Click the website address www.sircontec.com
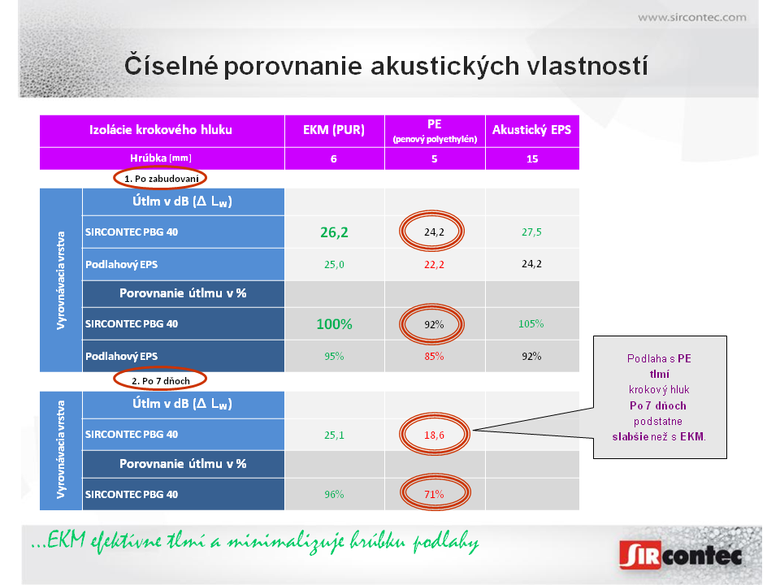coord(692,17)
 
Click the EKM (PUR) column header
coord(334,130)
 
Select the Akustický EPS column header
coord(531,130)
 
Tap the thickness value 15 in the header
coord(532,158)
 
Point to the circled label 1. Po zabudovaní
coord(161,179)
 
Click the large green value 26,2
coord(334,232)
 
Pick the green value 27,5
coord(531,232)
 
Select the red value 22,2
coord(434,265)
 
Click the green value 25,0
coord(334,265)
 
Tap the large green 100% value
coord(334,324)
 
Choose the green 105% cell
coord(531,324)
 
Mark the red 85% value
coord(434,356)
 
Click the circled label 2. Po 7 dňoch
coord(161,381)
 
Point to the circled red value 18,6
coord(434,435)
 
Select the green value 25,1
coord(334,435)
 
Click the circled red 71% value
coord(434,495)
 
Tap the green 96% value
coord(334,495)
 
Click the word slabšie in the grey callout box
coord(630,437)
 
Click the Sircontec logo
coord(681,554)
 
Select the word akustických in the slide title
coord(445,66)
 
